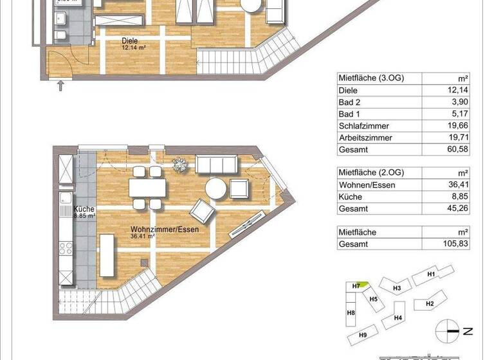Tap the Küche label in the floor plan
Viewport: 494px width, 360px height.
[x=84, y=210]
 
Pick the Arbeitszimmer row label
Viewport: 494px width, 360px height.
[x=364, y=138]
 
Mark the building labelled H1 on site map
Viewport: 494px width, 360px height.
[x=432, y=274]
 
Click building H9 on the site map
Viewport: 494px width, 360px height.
[x=362, y=336]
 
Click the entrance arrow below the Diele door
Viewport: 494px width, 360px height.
[x=61, y=84]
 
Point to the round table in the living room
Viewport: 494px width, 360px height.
[x=217, y=189]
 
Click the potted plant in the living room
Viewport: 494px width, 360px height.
[x=181, y=164]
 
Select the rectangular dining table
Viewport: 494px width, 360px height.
[x=147, y=188]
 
